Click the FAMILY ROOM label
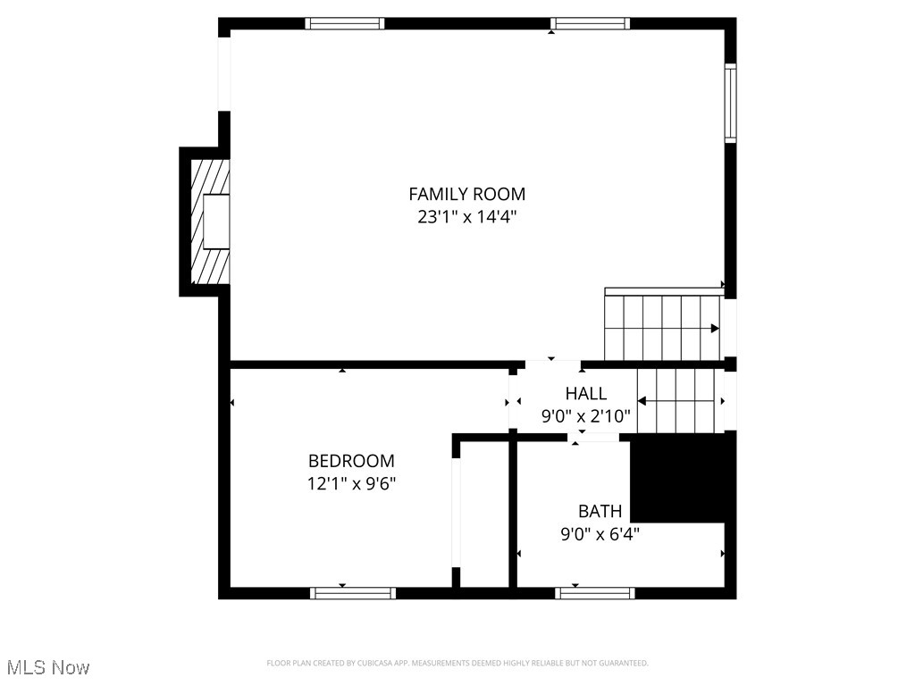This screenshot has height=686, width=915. click(x=466, y=194)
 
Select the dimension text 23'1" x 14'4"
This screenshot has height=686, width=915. click(x=466, y=217)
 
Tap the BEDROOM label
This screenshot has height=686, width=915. click(x=351, y=461)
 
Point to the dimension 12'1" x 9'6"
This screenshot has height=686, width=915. click(x=351, y=483)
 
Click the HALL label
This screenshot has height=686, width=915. click(x=585, y=393)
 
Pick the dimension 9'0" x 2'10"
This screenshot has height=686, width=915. click(x=585, y=415)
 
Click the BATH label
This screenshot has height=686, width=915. click(x=600, y=511)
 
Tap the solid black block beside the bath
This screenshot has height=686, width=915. click(x=683, y=478)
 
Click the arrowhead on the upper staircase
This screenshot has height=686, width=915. click(x=715, y=329)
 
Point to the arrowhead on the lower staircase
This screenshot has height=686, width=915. click(x=642, y=402)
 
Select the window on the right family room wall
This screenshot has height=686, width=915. click(x=730, y=103)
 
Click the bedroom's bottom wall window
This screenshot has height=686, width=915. click(x=352, y=592)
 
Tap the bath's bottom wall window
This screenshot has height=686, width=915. click(x=594, y=592)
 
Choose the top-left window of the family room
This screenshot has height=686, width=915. click(x=345, y=24)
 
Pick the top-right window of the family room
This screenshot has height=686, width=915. click(x=590, y=24)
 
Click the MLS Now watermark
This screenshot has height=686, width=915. click(x=47, y=667)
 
